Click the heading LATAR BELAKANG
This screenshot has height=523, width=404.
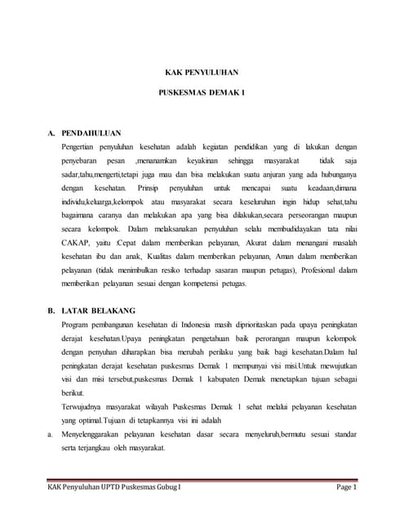pyautogui.click(x=99, y=311)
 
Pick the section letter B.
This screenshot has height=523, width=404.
pyautogui.click(x=51, y=311)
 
